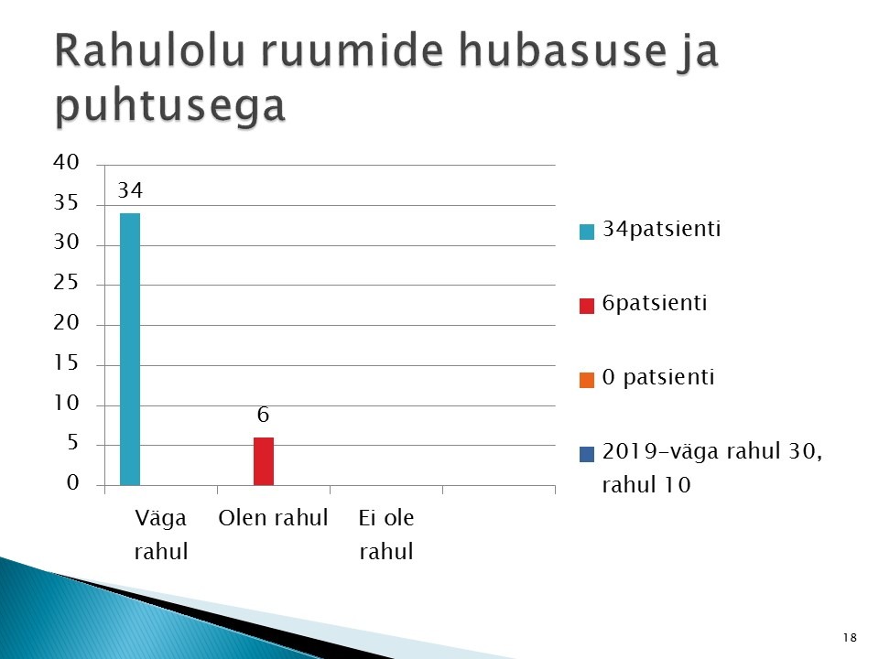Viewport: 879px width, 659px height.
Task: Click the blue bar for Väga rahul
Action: pyautogui.click(x=130, y=349)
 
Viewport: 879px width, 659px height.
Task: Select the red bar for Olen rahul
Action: pyautogui.click(x=264, y=461)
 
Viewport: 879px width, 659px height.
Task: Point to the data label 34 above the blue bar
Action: pyautogui.click(x=130, y=190)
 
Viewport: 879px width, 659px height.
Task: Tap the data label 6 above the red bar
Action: pyautogui.click(x=263, y=415)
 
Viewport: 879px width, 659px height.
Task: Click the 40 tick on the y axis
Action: pyautogui.click(x=66, y=163)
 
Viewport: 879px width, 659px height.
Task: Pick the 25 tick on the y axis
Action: pyautogui.click(x=66, y=283)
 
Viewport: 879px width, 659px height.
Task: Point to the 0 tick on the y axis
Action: pyautogui.click(x=73, y=482)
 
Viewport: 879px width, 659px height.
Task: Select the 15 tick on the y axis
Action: pyautogui.click(x=66, y=363)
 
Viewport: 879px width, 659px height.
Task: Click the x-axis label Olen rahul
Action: pyautogui.click(x=273, y=518)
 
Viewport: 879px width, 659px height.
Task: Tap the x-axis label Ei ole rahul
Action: pyautogui.click(x=386, y=535)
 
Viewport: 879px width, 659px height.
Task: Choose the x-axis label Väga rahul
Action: pyautogui.click(x=161, y=535)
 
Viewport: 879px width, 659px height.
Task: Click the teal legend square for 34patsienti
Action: pyautogui.click(x=586, y=232)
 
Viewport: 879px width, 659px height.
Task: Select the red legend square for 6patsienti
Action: pyautogui.click(x=586, y=306)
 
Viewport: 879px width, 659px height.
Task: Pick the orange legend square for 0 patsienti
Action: pyautogui.click(x=586, y=380)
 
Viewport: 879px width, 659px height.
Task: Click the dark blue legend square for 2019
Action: pyautogui.click(x=586, y=454)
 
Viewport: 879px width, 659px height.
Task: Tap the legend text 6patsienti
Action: pyautogui.click(x=655, y=303)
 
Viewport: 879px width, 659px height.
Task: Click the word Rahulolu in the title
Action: pyautogui.click(x=150, y=50)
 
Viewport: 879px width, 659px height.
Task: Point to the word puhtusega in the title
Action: pyautogui.click(x=170, y=105)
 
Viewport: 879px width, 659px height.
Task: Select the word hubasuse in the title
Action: pyautogui.click(x=563, y=50)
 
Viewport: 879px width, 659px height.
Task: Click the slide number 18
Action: pyautogui.click(x=850, y=638)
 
